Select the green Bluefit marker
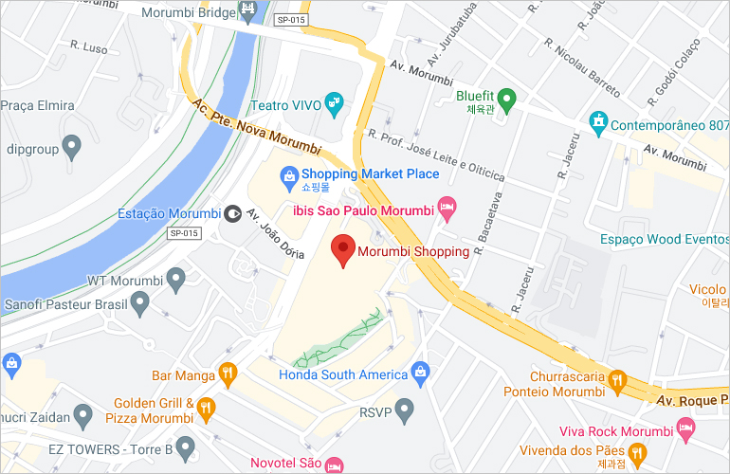pyautogui.click(x=507, y=96)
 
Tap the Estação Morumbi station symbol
pyautogui.click(x=232, y=212)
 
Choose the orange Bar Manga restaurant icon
pyautogui.click(x=227, y=375)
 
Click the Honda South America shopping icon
pyautogui.click(x=422, y=374)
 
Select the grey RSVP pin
pyautogui.click(x=405, y=411)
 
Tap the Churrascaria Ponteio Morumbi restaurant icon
pyautogui.click(x=617, y=381)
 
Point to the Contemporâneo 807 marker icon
pyautogui.click(x=598, y=123)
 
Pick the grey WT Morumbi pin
pyautogui.click(x=175, y=280)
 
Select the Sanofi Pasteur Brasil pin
pyautogui.click(x=140, y=304)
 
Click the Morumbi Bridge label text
pyautogui.click(x=186, y=13)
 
